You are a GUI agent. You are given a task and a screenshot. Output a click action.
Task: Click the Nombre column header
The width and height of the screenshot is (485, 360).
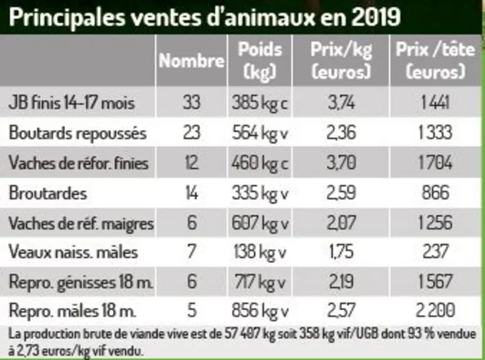point(191,61)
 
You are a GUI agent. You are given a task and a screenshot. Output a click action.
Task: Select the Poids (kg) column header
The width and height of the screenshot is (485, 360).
point(260,60)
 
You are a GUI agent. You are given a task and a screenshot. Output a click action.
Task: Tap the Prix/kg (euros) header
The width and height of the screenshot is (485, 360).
point(341,60)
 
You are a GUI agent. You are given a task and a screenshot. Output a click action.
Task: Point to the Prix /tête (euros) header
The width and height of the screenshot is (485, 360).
point(435,60)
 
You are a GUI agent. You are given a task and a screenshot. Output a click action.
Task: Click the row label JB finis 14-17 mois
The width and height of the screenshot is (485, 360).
point(72,102)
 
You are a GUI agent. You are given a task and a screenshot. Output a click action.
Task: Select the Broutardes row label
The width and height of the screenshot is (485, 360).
point(48,193)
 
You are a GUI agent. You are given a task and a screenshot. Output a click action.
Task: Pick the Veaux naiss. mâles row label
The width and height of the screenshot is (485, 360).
point(73,251)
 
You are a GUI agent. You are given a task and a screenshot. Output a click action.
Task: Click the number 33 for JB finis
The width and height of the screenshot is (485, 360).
point(191,102)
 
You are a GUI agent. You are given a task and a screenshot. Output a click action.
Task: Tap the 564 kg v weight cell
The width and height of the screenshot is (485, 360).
point(260,133)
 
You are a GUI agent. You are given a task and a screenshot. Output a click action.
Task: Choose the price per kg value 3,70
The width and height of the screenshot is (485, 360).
point(341,162)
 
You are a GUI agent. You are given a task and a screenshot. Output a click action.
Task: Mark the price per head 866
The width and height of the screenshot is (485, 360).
point(436,192)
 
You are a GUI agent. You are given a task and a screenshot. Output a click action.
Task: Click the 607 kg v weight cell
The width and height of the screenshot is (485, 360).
point(260,222)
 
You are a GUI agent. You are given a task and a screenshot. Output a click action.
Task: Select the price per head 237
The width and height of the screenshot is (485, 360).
point(436,251)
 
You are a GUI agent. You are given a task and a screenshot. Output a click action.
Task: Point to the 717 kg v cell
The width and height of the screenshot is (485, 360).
point(260,282)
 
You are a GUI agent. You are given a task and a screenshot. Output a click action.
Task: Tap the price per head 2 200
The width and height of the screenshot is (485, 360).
point(436,310)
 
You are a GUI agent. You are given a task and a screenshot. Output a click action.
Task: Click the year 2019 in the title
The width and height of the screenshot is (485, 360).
point(376,17)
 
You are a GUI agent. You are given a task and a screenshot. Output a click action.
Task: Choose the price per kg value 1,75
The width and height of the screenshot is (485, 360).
point(341,251)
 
